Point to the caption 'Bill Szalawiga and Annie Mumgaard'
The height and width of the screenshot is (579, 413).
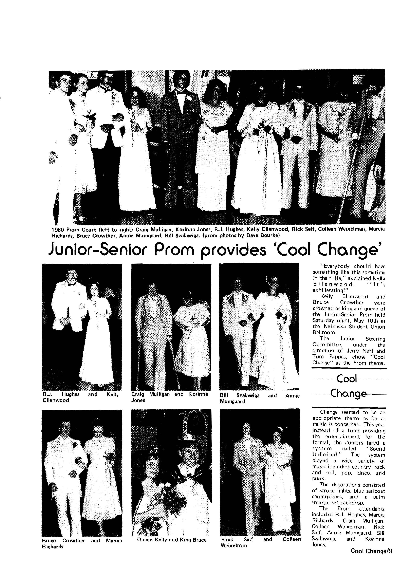pyautogui.click(x=259, y=398)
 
